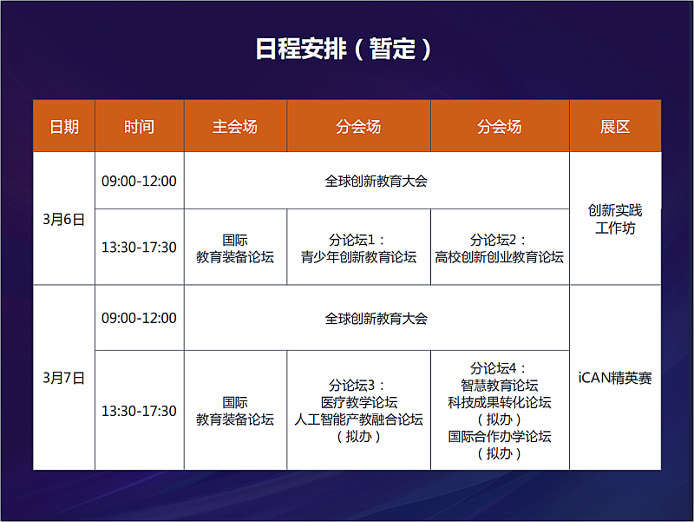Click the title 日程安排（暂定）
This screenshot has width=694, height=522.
point(343,49)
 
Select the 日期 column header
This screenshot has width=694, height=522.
point(64,127)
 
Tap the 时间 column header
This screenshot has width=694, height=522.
point(139,127)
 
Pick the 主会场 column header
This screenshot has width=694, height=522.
point(234,127)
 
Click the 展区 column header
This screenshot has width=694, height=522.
point(615,127)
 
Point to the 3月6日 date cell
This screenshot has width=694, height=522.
point(63,220)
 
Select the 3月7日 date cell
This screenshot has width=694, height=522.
point(63,378)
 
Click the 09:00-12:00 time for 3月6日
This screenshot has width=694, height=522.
point(139,181)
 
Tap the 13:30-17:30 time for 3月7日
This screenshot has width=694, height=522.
point(139,411)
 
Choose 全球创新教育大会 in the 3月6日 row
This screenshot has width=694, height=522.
point(376,181)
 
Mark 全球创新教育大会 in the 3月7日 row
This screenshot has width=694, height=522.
point(376,318)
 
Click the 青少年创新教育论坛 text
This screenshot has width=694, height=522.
point(358,257)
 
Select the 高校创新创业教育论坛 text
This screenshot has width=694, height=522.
point(500,257)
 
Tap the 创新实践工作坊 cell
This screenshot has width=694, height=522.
point(615,219)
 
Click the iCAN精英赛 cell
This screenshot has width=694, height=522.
point(615,378)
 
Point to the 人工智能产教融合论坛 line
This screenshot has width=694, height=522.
point(358,420)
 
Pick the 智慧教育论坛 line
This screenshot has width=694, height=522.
point(500,385)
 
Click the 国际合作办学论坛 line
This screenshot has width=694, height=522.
point(500,437)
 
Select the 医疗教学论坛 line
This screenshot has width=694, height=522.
point(359,402)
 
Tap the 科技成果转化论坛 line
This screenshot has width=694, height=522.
point(500,402)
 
